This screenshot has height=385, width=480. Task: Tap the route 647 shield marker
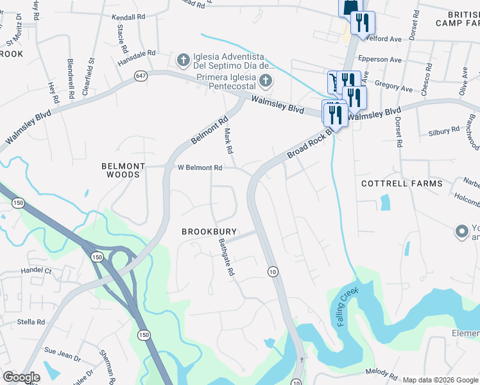point(141,76)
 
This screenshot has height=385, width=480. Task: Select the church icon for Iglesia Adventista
point(183,60)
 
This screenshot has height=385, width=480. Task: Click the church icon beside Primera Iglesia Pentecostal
point(266,81)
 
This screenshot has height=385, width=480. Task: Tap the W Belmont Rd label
point(200,167)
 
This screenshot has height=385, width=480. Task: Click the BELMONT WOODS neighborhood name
point(121,170)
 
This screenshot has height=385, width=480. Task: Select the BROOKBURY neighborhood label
point(209,232)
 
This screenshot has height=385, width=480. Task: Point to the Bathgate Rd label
point(226,257)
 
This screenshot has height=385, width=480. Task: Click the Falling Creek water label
point(347,308)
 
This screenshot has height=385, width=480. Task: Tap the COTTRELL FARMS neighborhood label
point(402,184)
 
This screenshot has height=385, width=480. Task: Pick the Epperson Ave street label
point(382,60)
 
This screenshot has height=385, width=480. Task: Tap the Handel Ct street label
point(36,271)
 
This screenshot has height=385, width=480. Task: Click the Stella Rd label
point(31,322)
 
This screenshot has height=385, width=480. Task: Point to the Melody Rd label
point(382,373)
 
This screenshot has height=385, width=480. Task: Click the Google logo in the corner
point(21,377)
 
